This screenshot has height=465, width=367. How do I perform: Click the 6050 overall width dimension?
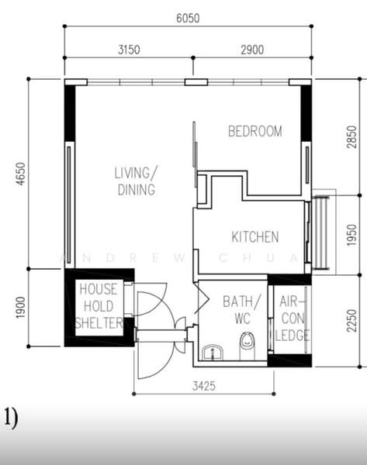pyautogui.click(x=188, y=18)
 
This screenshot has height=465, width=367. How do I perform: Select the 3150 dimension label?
pyautogui.click(x=129, y=50)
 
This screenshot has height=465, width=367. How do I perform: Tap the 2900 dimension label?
pyautogui.click(x=252, y=50)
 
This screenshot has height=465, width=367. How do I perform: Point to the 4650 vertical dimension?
pyautogui.click(x=20, y=174)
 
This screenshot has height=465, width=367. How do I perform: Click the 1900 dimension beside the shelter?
pyautogui.click(x=20, y=308)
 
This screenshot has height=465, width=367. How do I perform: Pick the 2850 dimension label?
pyautogui.click(x=351, y=137)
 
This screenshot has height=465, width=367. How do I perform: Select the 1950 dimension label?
pyautogui.click(x=351, y=235)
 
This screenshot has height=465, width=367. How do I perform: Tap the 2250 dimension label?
pyautogui.click(x=351, y=321)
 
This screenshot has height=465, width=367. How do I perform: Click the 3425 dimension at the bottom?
pyautogui.click(x=204, y=386)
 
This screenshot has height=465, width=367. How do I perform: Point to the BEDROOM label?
pyautogui.click(x=255, y=132)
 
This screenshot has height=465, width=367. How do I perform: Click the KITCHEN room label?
pyautogui.click(x=255, y=237)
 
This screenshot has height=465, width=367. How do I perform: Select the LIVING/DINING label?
pyautogui.click(x=136, y=181)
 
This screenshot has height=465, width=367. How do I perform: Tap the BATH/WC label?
pyautogui.click(x=241, y=310)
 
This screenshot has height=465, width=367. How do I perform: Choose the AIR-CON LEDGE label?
pyautogui.click(x=293, y=319)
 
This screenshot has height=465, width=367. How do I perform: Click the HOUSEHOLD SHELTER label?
pyautogui.click(x=99, y=306)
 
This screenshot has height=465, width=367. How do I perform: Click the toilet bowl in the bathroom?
pyautogui.click(x=247, y=346)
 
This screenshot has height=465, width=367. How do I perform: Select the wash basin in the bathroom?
pyautogui.click(x=213, y=352)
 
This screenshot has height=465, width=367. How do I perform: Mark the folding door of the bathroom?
pyautogui.click(x=202, y=298)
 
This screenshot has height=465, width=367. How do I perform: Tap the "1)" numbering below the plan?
pyautogui.click(x=11, y=418)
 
